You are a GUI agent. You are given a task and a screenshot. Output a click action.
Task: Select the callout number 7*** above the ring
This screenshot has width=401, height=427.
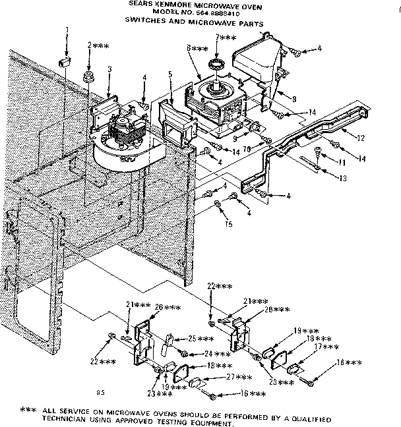tap(224, 39)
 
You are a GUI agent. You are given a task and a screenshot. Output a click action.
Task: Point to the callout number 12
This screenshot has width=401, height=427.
tap(359, 139)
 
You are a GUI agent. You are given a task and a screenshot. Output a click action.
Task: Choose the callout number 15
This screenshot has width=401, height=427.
tap(228, 224)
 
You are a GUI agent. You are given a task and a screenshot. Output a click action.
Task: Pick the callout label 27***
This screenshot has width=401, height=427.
tap(239, 377)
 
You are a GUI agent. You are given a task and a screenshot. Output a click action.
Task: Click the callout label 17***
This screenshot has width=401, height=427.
tap(326, 347)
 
